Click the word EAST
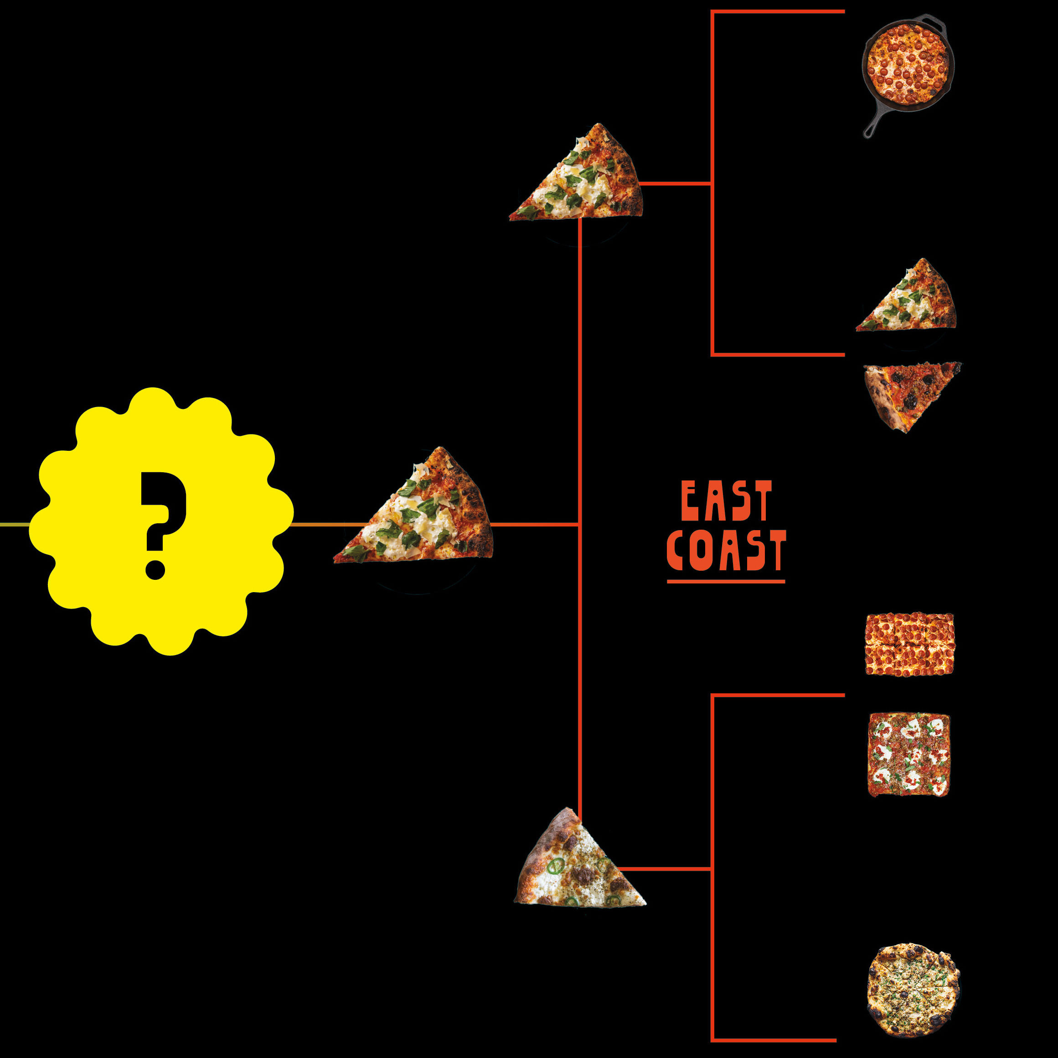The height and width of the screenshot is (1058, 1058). tap(726, 501)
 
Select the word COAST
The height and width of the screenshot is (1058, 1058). tap(726, 550)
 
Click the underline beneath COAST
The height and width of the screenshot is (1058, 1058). tap(726, 581)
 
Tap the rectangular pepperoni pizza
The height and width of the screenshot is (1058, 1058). tap(909, 644)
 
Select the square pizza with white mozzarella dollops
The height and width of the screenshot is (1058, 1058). tap(908, 754)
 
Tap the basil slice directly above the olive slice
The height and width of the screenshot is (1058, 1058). tap(912, 301)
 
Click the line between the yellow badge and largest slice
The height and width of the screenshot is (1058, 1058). tap(318, 525)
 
